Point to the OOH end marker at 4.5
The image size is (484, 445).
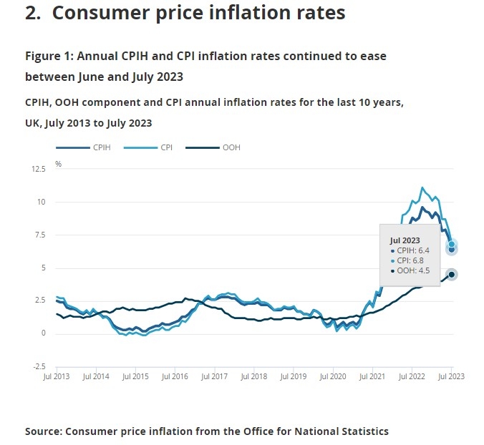(x=452, y=275)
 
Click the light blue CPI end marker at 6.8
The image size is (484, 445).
(x=452, y=244)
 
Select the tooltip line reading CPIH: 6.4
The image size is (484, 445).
(x=410, y=251)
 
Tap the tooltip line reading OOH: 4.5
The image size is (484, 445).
(x=410, y=270)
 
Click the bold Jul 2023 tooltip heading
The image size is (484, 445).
(x=405, y=240)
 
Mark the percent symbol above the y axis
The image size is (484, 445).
(x=59, y=164)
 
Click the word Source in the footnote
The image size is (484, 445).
(x=44, y=431)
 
